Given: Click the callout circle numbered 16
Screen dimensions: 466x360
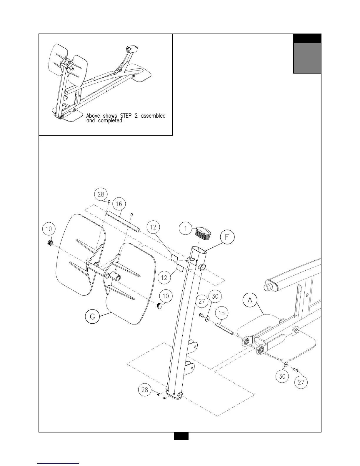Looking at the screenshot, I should coord(119,204).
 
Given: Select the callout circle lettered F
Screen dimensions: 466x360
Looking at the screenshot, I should coord(227,238).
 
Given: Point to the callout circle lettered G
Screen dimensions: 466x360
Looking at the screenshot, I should coord(92,317).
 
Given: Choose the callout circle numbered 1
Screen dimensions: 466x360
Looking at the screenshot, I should coord(186,228).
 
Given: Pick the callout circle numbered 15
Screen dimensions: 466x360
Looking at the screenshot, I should coord(222,313).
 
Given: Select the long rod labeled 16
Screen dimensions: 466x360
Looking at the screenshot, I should coord(123,221).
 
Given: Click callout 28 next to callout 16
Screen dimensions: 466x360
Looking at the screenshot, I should coord(101,194).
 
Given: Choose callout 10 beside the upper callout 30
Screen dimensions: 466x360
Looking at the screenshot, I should coord(166,296).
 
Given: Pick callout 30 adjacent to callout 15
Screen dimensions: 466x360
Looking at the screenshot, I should coord(215,296).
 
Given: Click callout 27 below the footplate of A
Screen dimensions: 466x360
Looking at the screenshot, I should coord(301,382).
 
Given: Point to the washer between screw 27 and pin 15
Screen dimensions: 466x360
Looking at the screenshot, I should coord(208,318).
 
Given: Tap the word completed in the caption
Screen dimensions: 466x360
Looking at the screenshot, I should coord(111,121).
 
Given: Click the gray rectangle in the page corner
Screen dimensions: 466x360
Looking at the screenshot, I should coord(307,58).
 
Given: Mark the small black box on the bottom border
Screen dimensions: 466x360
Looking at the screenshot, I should coord(181,436).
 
